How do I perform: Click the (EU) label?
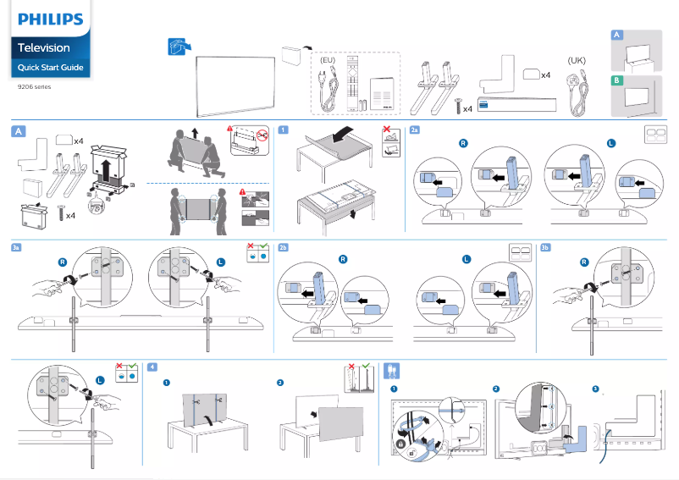(328, 61)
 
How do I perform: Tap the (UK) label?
(576, 61)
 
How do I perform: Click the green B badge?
(617, 80)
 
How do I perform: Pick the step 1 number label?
(284, 130)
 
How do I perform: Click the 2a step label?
(414, 130)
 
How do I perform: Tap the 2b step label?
(284, 247)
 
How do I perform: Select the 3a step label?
(17, 247)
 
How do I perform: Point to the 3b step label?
(545, 247)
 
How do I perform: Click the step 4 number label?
(152, 367)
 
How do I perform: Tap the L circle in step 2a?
(610, 143)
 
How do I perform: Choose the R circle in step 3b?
(584, 262)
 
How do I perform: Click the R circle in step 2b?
(342, 259)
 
